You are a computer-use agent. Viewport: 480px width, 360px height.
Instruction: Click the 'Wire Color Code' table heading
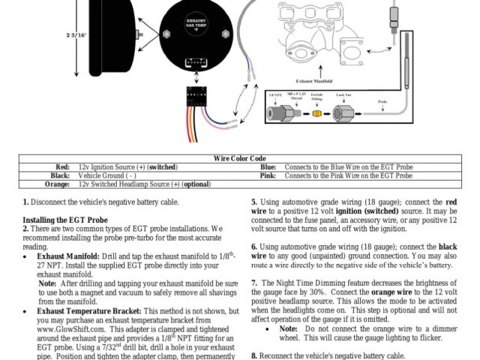pos(240,158)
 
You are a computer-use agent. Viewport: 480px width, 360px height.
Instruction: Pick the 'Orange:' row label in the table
pos(57,183)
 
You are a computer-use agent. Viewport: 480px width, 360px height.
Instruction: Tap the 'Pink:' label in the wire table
pos(268,175)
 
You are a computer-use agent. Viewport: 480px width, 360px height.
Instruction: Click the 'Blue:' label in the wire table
pos(268,166)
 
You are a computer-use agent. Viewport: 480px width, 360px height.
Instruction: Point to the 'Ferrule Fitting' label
pos(317,96)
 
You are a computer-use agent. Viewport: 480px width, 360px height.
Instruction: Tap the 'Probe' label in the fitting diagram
pos(382,100)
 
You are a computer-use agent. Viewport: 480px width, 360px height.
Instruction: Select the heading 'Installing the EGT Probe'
pos(64,219)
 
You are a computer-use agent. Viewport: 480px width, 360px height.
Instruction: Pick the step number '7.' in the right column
pos(254,282)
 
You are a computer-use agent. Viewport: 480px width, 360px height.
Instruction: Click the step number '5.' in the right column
pos(254,202)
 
